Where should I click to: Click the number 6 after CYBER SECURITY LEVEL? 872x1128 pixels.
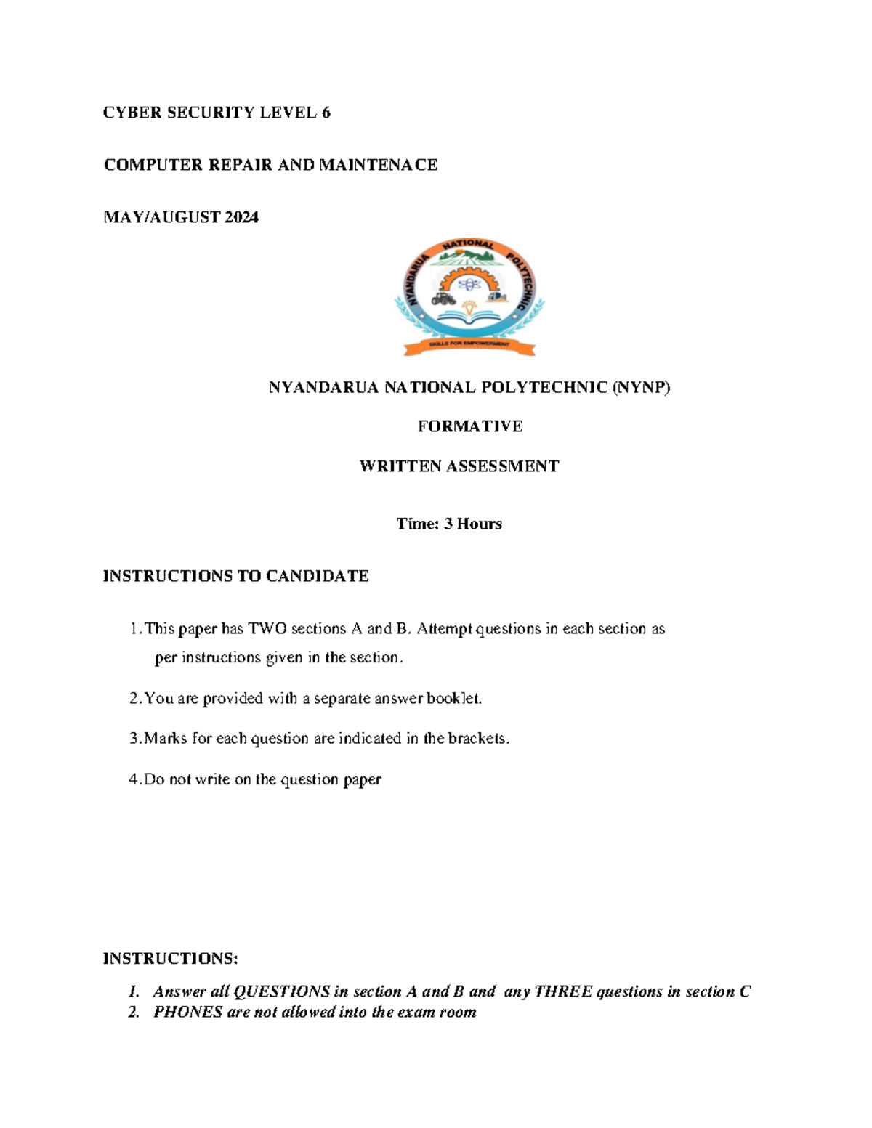pos(326,113)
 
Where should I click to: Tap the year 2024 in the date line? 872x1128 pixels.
pos(241,217)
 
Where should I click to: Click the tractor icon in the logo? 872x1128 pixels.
pos(443,298)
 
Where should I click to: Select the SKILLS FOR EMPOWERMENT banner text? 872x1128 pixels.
pos(469,344)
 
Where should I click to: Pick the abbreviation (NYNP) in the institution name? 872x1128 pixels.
pos(641,388)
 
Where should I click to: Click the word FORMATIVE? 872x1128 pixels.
pos(469,426)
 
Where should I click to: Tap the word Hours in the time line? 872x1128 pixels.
pos(479,524)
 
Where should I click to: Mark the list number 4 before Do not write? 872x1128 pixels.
pos(134,779)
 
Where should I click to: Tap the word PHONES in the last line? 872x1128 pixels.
pos(187,1012)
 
